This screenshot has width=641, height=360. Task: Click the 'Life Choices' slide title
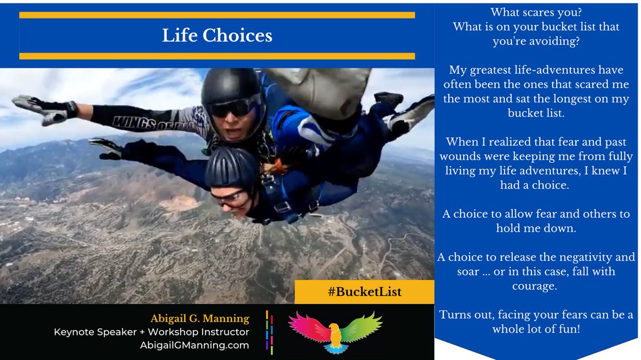[x=217, y=35]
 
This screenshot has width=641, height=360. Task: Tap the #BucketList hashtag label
[x=364, y=292]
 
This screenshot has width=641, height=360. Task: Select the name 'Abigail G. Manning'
[x=200, y=319]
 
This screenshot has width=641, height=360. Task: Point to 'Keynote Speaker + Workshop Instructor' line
[x=151, y=332]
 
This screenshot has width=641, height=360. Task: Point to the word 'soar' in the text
[x=454, y=271]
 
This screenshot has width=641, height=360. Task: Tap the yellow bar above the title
[x=217, y=15]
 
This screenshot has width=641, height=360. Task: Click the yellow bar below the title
[x=217, y=56]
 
